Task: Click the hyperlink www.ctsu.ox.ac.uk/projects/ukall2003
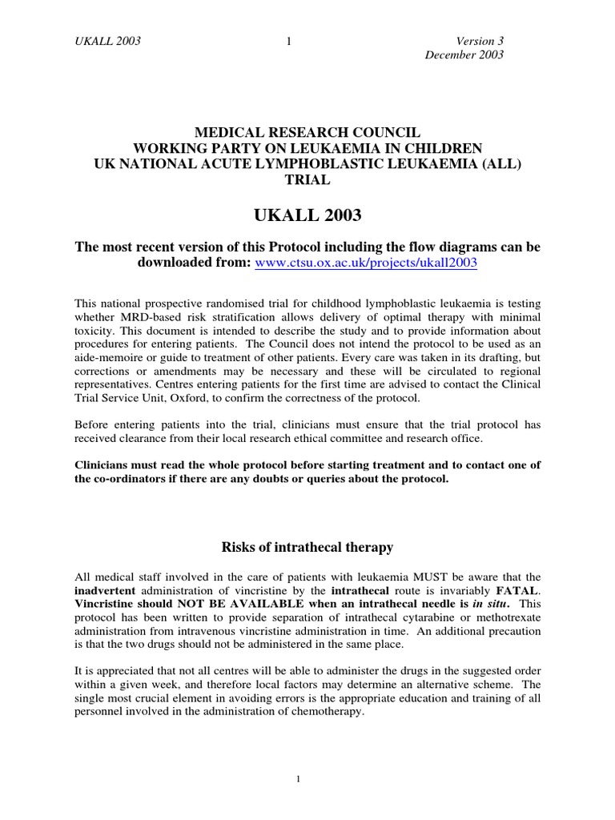[x=366, y=263]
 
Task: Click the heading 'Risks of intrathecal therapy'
[x=307, y=547]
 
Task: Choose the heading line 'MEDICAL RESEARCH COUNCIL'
[x=307, y=132]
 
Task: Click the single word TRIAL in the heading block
[x=307, y=180]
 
